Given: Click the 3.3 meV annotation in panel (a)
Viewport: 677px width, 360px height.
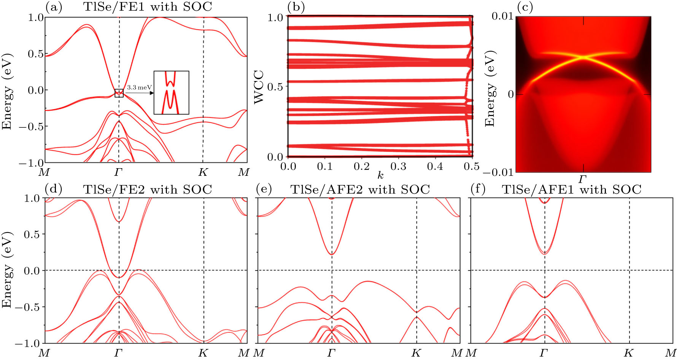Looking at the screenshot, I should pos(139,88).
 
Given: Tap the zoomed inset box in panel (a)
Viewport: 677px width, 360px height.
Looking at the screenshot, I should pos(171,92).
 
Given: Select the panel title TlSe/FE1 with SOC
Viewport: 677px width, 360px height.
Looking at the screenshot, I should pos(148,7).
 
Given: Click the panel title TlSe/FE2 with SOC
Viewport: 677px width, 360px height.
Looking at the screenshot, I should pos(148,190).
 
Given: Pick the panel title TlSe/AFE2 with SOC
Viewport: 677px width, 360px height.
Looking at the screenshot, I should pos(360,190).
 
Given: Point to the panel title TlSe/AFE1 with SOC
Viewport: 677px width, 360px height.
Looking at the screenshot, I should pos(571,190).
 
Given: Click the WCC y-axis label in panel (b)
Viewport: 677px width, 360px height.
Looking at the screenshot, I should pos(259,86).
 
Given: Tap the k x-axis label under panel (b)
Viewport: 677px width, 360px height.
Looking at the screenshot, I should pos(380,175).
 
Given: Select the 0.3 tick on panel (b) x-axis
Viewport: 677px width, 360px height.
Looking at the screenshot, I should pos(398,166).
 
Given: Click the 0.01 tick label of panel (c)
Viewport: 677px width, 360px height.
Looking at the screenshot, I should pos(502,16).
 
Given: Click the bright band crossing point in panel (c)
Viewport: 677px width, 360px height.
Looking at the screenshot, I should pos(583,57).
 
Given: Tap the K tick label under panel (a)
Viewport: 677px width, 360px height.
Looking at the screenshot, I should pos(203,172).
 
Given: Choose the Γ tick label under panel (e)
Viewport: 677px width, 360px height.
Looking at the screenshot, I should pos(332,353).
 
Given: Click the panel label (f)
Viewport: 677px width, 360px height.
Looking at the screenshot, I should pos(478,189).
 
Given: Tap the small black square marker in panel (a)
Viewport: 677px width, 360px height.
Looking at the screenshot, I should pos(119,93).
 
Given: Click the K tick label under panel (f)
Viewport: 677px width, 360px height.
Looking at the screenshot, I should pos(629,353).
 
